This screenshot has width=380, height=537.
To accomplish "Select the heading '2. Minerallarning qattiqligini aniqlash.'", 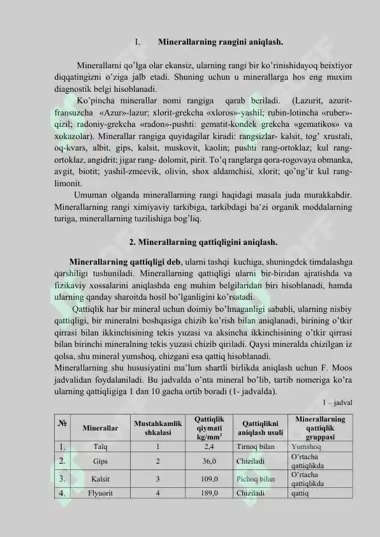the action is [203, 242].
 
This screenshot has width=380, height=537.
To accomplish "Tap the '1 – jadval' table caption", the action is [338, 402].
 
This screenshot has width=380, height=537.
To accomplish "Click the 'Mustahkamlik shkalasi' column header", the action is [157, 427].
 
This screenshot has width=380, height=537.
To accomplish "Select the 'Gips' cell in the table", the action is [100, 460].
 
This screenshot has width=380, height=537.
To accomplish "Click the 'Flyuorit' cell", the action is [100, 492].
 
